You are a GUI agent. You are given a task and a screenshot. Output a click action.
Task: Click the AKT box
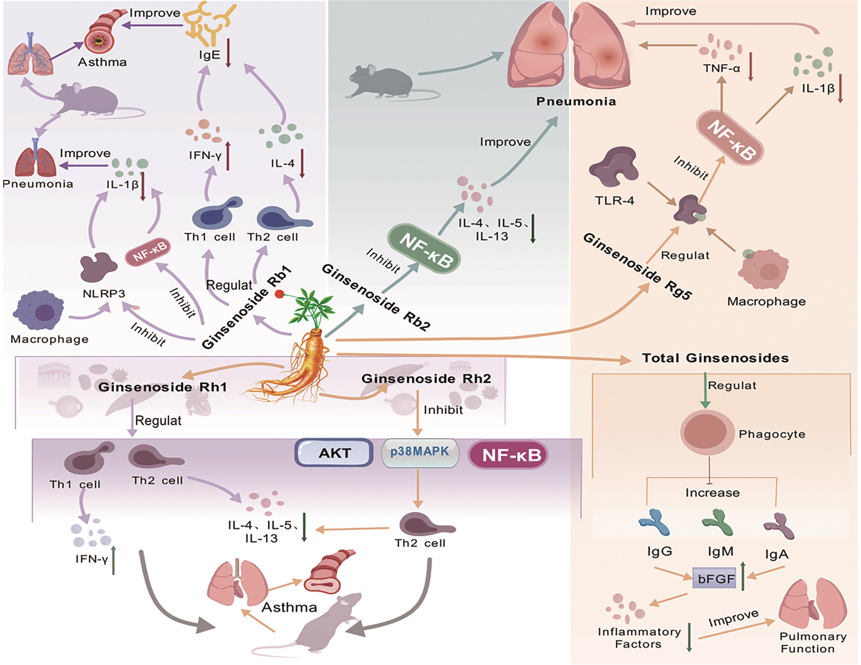click(334, 453)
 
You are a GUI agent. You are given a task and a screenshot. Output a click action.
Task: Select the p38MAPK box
click(420, 452)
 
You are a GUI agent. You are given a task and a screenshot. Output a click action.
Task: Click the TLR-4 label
click(614, 201)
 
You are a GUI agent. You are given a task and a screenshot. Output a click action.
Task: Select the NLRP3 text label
click(104, 294)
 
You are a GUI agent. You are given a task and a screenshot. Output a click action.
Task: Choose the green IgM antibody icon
click(717, 522)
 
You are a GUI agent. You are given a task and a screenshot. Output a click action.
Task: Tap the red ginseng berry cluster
click(279, 294)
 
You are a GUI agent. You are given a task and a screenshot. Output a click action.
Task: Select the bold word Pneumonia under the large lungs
click(576, 101)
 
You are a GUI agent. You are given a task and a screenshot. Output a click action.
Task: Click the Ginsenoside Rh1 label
click(162, 387)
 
